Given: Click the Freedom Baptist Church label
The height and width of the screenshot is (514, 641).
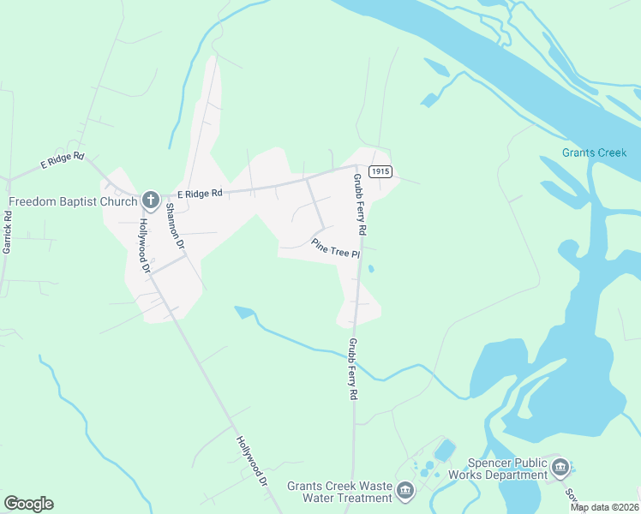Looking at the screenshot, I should coord(73,202).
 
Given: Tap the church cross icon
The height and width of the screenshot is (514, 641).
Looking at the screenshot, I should coord(150,201).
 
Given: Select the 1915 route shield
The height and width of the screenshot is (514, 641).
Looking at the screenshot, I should coord(380,172).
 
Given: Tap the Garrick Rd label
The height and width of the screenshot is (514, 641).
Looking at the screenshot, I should coord(8,231).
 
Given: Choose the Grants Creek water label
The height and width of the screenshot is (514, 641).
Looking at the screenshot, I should coord(595,153).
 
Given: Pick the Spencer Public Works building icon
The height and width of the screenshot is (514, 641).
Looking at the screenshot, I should coord(560,467).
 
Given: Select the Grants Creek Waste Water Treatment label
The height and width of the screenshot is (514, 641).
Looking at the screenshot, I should coord(341,491).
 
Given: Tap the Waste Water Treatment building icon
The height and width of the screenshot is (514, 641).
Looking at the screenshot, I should coord(405,490).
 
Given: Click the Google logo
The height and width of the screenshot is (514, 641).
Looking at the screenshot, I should coord(28,504).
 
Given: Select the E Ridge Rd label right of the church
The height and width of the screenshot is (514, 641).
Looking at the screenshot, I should coord(199,194).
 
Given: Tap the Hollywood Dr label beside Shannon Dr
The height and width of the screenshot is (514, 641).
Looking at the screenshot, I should coord(144,245).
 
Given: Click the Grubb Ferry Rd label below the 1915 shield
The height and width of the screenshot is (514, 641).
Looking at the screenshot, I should coord(360,206).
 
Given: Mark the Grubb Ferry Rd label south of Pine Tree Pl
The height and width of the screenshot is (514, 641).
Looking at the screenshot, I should coord(352,369).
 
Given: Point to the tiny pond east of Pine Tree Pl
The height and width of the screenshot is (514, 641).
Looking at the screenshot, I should coord(370,269).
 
